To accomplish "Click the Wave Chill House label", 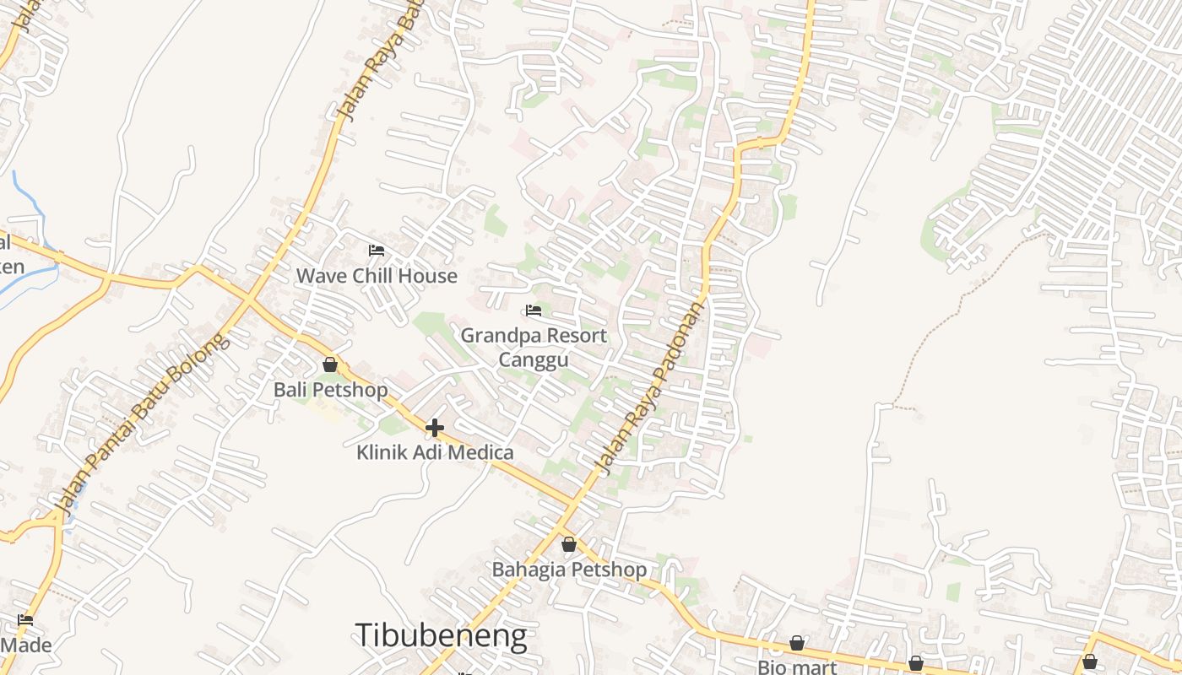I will click(x=377, y=276).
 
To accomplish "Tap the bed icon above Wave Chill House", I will click(x=377, y=251).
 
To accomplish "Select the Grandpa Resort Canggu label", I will click(x=534, y=347).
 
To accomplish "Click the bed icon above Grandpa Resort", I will click(x=534, y=310).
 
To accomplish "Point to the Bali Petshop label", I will click(x=331, y=390).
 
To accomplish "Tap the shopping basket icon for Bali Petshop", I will click(x=330, y=364).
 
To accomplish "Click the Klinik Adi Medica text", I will click(x=435, y=452).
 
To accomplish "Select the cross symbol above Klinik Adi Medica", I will click(x=435, y=428).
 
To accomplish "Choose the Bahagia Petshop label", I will click(x=570, y=570).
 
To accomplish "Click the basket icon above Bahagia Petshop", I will click(x=569, y=544).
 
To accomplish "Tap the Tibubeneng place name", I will click(x=441, y=635).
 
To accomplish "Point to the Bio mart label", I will click(x=797, y=667).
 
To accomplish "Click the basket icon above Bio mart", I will click(x=797, y=644).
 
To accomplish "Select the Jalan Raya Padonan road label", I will click(x=649, y=388).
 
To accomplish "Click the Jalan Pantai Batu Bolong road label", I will click(x=140, y=423).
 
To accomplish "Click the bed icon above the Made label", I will click(x=25, y=620).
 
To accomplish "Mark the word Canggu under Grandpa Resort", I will click(x=534, y=360).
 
